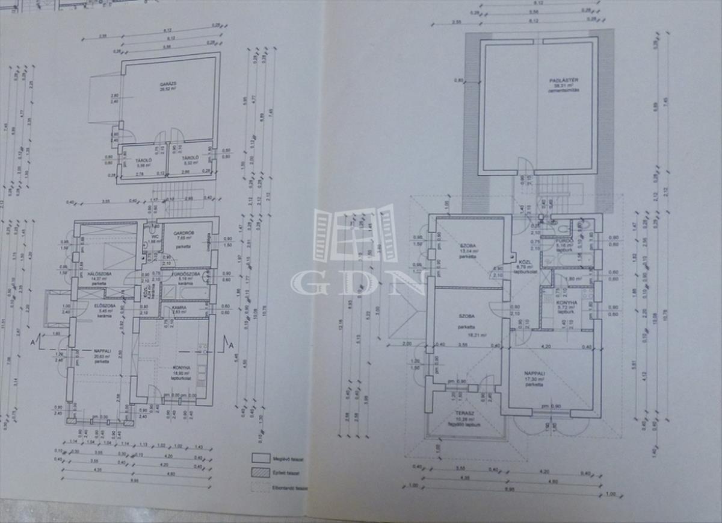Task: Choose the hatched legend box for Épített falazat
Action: pyautogui.click(x=260, y=473)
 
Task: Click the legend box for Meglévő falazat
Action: pyautogui.click(x=260, y=459)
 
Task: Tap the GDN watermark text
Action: pyautogui.click(x=359, y=282)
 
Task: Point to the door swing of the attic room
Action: pyautogui.click(x=525, y=164)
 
